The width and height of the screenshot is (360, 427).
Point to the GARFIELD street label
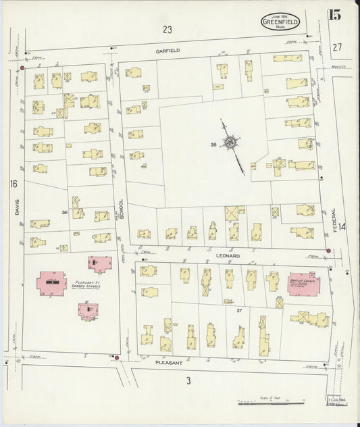tap(166, 50)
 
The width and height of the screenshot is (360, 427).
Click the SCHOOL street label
tap(122, 208)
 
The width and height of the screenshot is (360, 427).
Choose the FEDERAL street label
tap(335, 219)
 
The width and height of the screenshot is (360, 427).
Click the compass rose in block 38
tap(232, 143)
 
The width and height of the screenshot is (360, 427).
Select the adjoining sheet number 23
tap(168, 29)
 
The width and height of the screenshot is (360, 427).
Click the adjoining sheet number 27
tap(338, 47)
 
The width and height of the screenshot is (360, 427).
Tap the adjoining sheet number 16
tap(12, 184)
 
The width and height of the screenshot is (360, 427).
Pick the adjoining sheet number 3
tap(188, 380)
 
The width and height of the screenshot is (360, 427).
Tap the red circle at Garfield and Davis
tap(22, 68)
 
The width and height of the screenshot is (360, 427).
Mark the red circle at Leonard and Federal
tap(328, 251)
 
